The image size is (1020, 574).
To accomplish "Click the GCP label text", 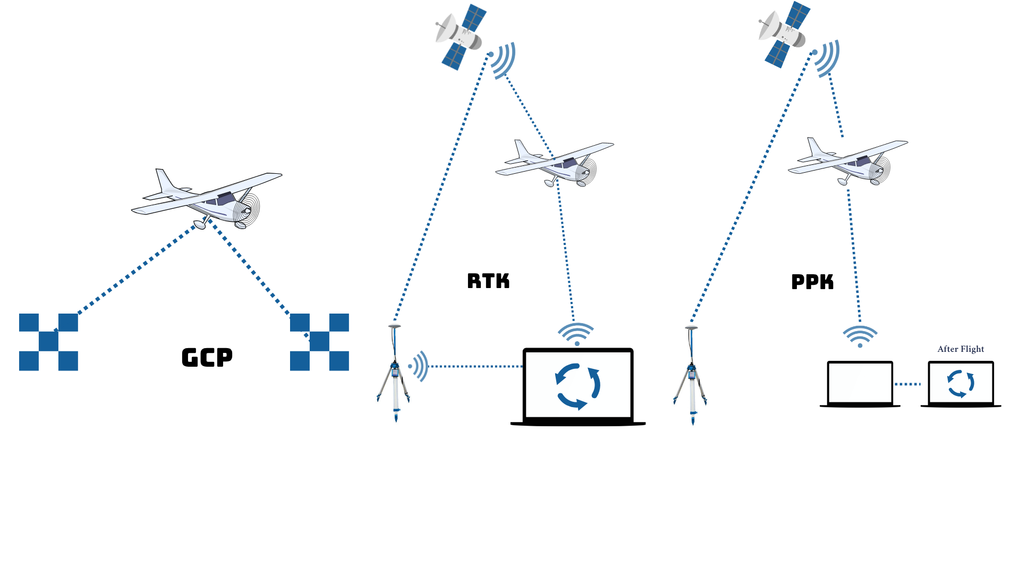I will click(x=207, y=357).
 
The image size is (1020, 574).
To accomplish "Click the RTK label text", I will click(x=488, y=281).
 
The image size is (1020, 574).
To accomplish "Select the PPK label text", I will click(x=812, y=282).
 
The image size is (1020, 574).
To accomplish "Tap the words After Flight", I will click(x=960, y=349).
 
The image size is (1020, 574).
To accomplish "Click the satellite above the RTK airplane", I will click(x=460, y=36).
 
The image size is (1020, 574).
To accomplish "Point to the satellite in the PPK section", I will click(x=784, y=34).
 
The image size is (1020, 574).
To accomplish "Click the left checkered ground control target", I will click(x=48, y=342).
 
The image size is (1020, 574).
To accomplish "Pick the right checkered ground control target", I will click(x=319, y=342).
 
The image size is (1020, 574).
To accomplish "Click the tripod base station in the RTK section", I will click(x=395, y=375).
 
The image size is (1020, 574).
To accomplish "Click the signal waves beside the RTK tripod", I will click(x=419, y=366).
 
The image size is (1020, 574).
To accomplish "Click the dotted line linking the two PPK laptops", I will click(x=907, y=384).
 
